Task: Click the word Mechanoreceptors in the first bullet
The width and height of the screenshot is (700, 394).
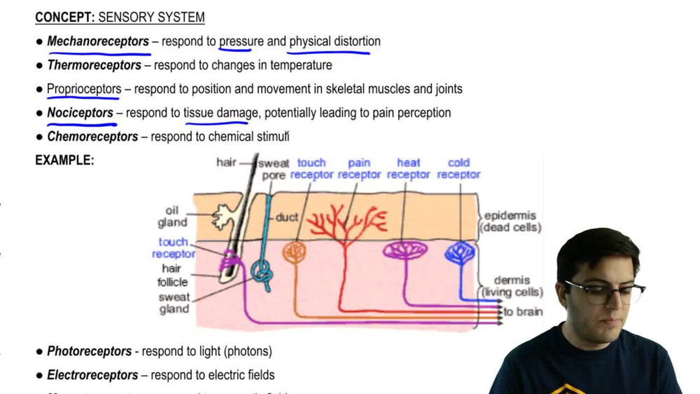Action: (98, 42)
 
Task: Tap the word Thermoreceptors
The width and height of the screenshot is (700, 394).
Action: (94, 66)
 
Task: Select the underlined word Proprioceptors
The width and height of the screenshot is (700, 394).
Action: (84, 90)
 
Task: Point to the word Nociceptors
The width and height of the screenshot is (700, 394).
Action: (80, 113)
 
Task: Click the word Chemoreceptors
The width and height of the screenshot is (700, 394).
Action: (92, 137)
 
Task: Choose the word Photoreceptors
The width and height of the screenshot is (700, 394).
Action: (89, 351)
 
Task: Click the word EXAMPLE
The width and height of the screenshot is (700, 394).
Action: (64, 161)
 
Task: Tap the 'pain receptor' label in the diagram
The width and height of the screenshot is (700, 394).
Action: (359, 169)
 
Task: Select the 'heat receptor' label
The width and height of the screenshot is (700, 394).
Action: (408, 169)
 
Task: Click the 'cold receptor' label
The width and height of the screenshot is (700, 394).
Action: (458, 169)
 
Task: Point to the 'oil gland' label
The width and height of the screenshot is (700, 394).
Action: (172, 217)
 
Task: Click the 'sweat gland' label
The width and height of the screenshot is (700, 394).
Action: (174, 303)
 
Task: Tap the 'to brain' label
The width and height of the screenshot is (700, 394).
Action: (522, 312)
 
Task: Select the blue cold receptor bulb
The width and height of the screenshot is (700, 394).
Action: (460, 252)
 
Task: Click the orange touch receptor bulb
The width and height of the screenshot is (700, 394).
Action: (294, 252)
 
